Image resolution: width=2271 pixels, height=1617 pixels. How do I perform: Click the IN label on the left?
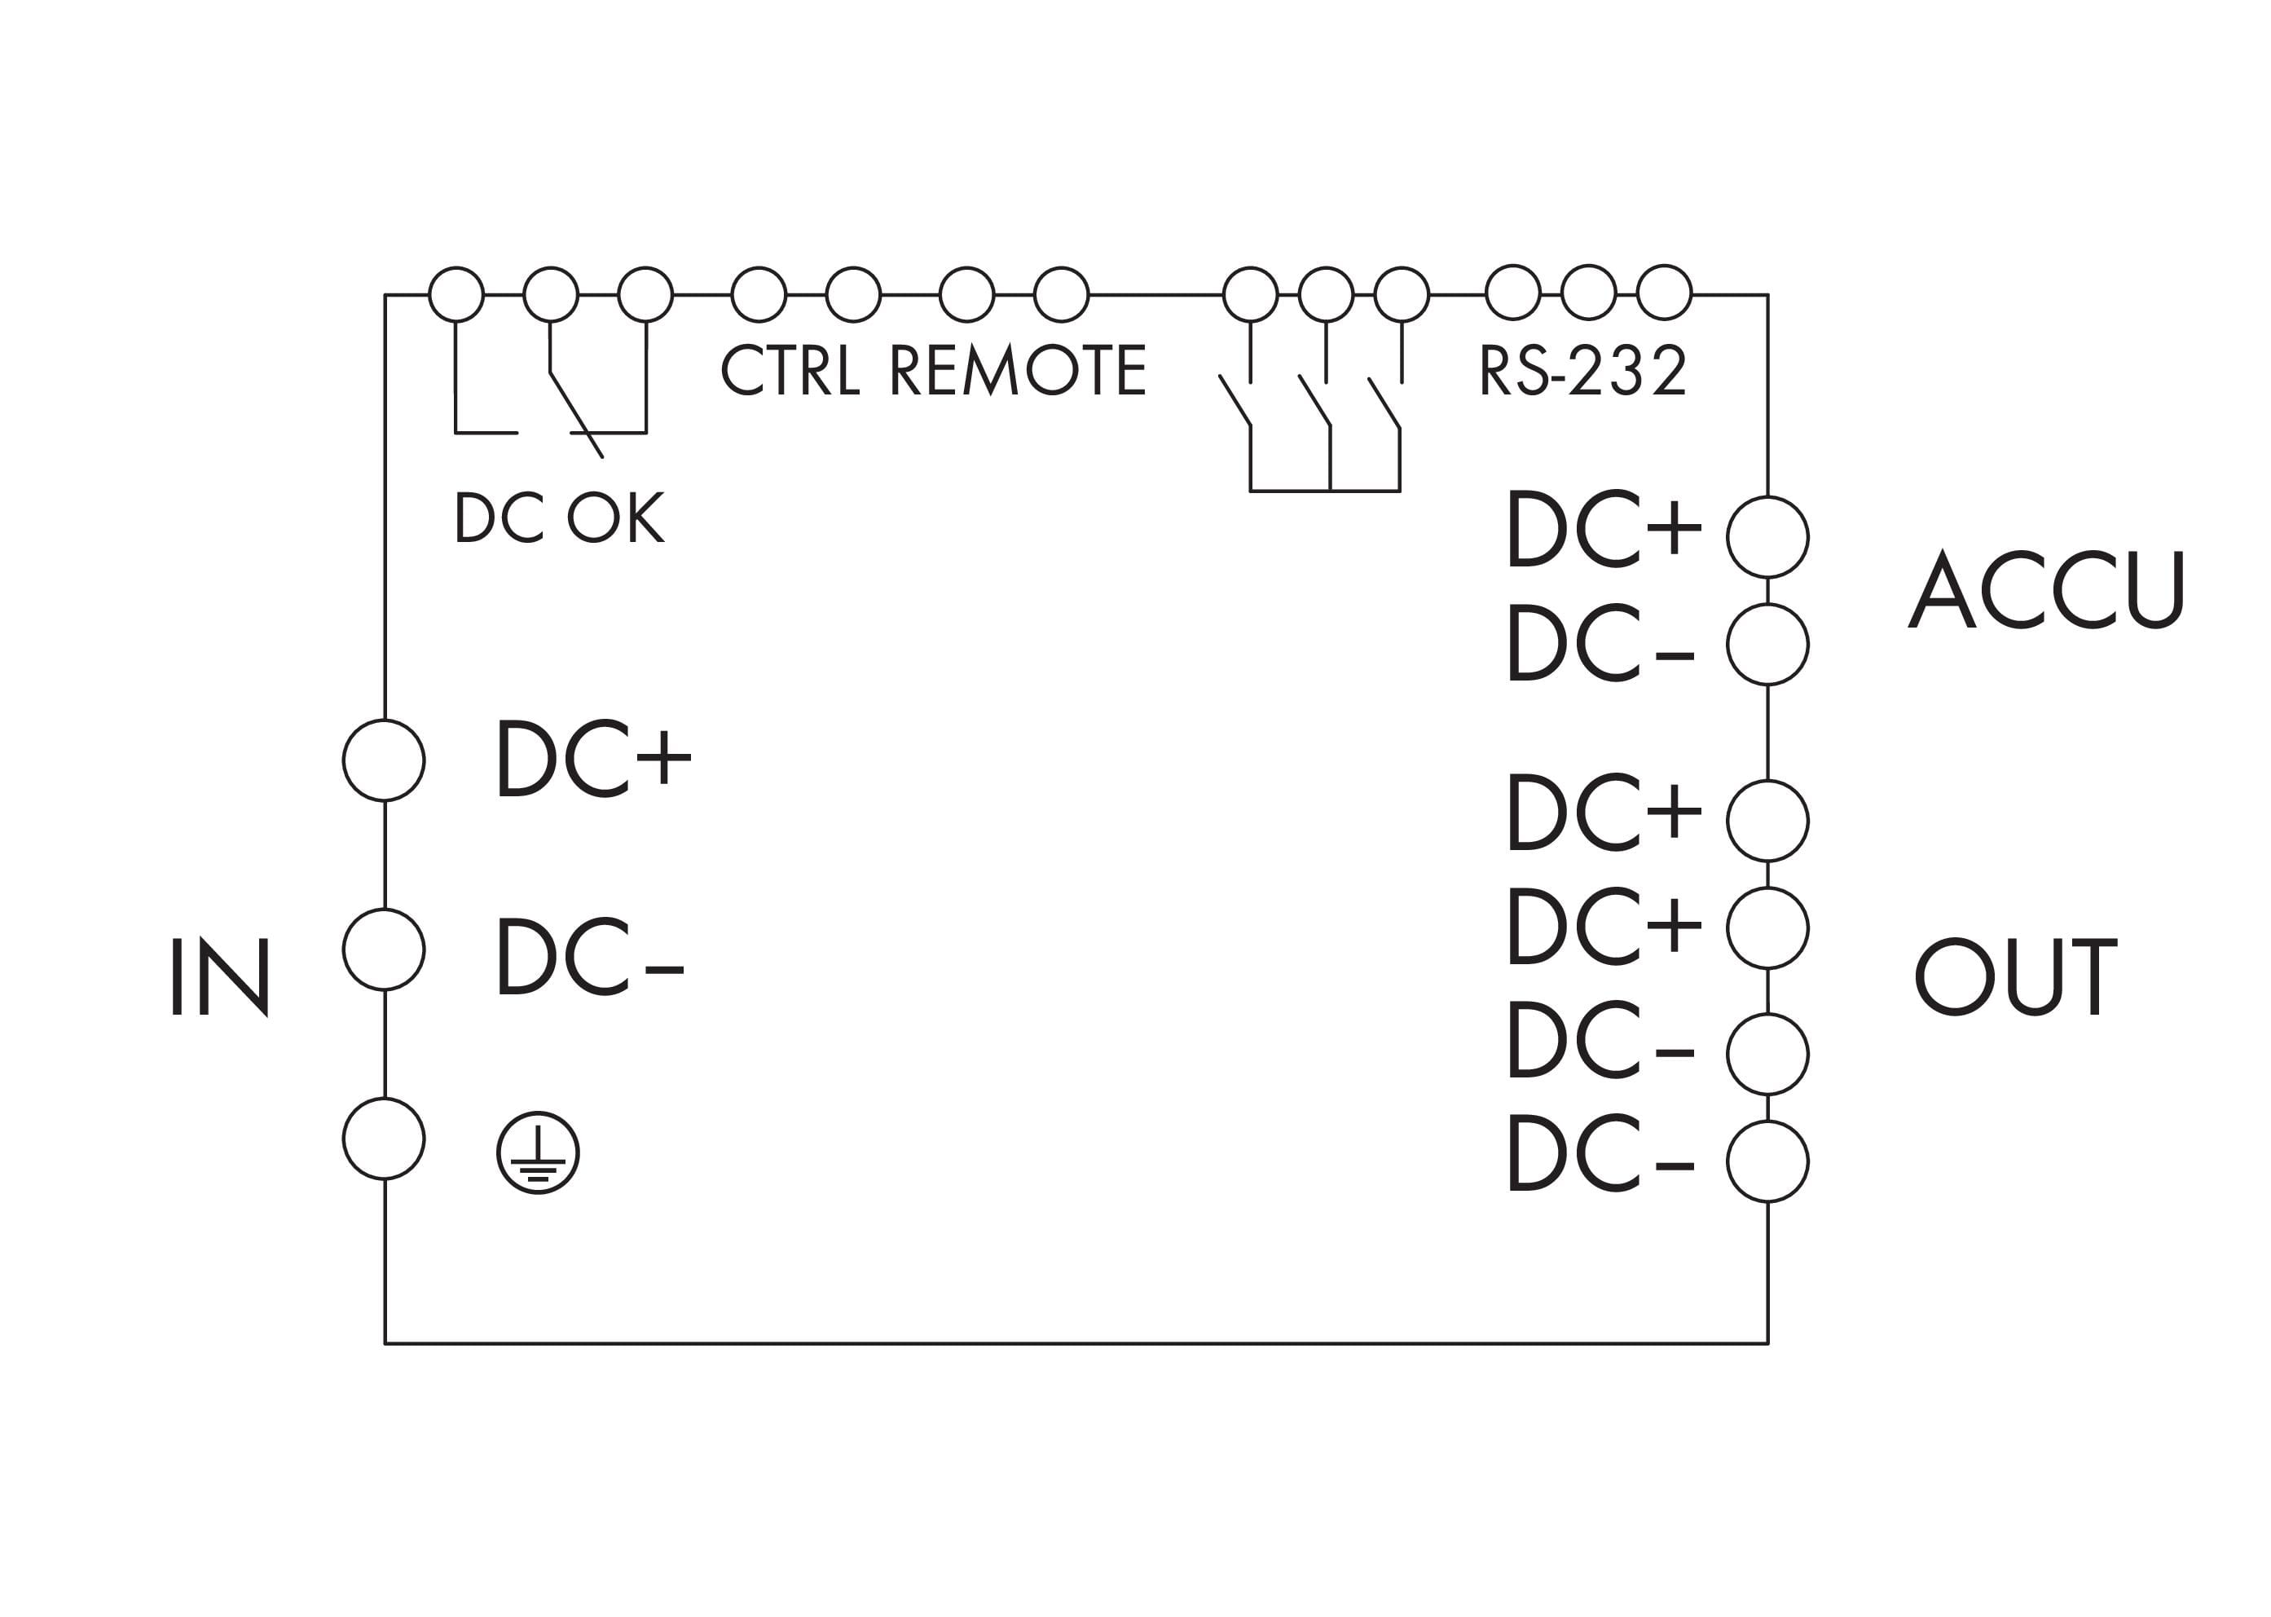220,976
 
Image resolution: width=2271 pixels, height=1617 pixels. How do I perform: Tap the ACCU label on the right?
2045,589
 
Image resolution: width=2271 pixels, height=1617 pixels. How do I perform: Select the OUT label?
2015,976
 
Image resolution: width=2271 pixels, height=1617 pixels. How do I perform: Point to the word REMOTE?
1018,369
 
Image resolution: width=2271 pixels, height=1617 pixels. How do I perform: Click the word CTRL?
790,369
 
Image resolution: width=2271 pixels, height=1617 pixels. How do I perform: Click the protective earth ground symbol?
538,1153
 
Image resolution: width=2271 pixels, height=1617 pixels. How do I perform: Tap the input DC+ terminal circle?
385,760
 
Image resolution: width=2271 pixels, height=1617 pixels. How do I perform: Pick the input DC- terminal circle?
385,949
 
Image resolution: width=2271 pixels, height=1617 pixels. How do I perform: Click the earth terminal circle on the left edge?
385,1138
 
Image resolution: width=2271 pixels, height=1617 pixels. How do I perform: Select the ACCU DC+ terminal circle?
1767,536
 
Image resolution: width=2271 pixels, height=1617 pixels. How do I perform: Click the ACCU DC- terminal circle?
1767,644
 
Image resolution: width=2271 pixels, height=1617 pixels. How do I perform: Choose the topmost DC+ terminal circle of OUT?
1767,821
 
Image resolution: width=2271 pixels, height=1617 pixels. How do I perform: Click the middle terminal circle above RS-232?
1588,293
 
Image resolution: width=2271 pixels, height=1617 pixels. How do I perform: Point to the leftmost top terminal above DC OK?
456,295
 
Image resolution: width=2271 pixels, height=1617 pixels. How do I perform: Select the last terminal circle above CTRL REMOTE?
1061,295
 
